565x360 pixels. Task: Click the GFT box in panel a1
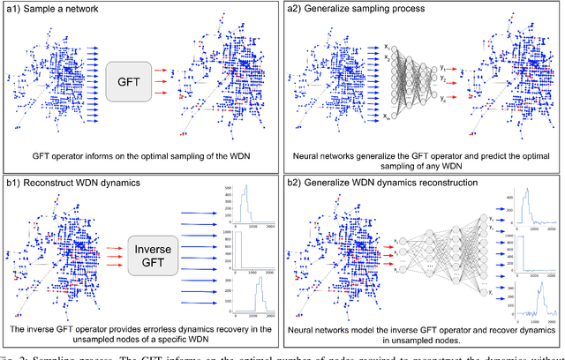coord(131,78)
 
